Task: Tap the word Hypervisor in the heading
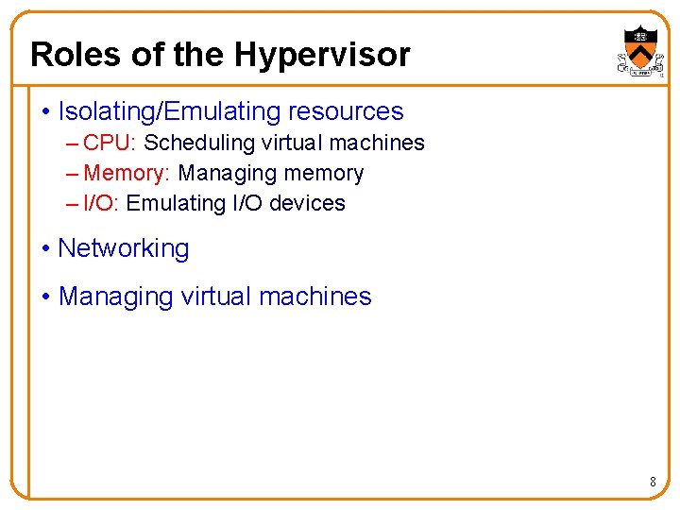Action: pyautogui.click(x=322, y=56)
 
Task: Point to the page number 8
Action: pyautogui.click(x=653, y=483)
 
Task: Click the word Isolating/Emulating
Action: pyautogui.click(x=156, y=111)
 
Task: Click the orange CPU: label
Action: pyautogui.click(x=110, y=143)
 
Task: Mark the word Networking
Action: pyautogui.click(x=124, y=248)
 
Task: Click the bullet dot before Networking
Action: pyautogui.click(x=46, y=249)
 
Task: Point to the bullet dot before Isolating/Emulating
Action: pyautogui.click(x=46, y=112)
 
